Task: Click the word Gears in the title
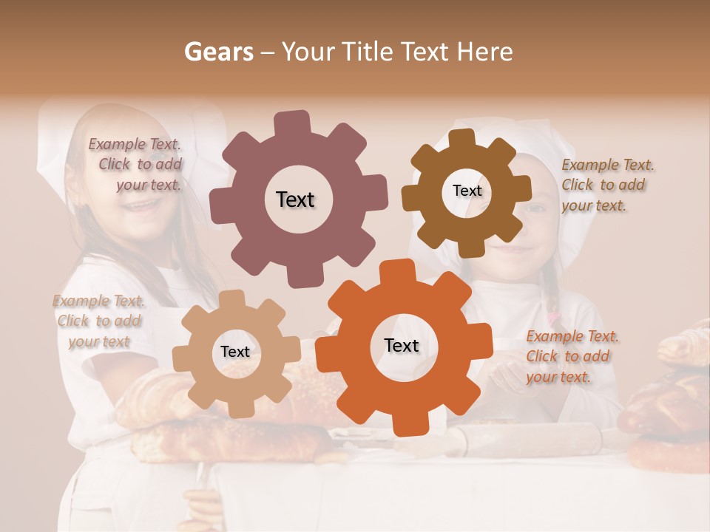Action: (218, 52)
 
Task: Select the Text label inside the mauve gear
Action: (295, 199)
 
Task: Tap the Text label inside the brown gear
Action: (467, 191)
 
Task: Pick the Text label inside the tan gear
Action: (234, 352)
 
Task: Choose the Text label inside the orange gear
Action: (401, 345)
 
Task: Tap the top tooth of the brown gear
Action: (462, 138)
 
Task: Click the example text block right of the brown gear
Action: (606, 185)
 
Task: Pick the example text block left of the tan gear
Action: (99, 321)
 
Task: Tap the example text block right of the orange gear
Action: (571, 356)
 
